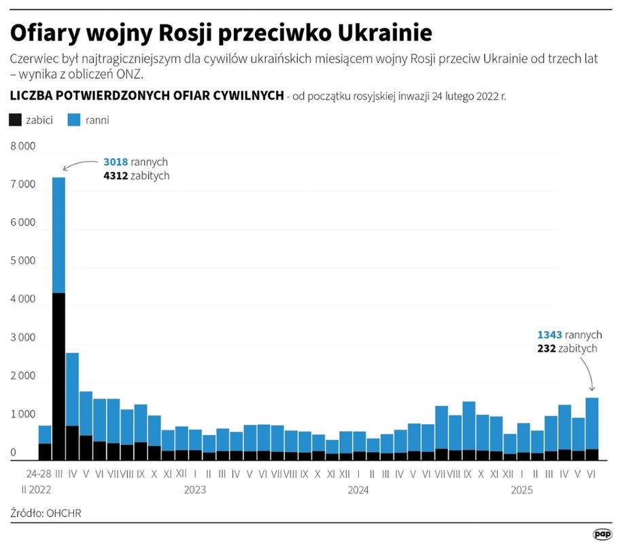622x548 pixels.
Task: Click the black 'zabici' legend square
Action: [16, 120]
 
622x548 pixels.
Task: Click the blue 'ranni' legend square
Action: [75, 120]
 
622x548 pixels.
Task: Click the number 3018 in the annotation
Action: [115, 162]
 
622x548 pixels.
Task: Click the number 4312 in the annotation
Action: [115, 175]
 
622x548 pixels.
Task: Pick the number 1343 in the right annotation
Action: [549, 335]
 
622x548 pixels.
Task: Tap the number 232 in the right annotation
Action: [546, 348]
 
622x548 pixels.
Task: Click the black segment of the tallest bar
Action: [58, 374]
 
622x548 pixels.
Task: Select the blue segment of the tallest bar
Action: [58, 235]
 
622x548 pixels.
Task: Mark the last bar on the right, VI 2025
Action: [591, 428]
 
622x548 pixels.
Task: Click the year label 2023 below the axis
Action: [194, 490]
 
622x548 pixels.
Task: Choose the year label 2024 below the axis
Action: [358, 490]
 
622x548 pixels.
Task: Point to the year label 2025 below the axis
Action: [522, 490]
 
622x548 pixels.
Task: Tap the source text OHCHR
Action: [63, 513]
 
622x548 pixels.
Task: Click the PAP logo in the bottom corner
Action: [602, 535]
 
